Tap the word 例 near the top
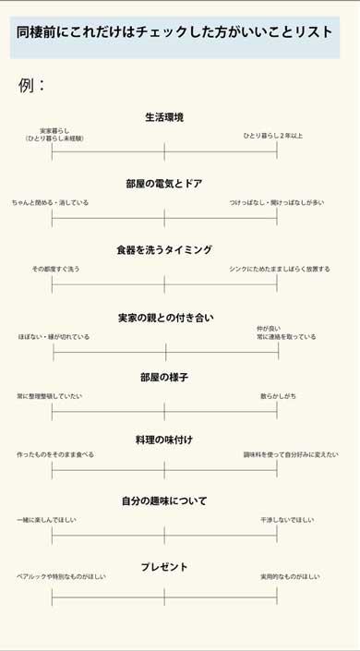point(27,86)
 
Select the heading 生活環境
point(164,117)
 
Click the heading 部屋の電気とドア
point(164,184)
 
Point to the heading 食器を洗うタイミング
point(164,250)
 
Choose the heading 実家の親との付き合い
point(165,318)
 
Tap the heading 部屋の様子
point(164,378)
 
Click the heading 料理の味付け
point(164,440)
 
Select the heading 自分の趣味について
point(164,501)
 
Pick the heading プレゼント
point(164,567)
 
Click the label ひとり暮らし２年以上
point(273,136)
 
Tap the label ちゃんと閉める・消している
point(51,202)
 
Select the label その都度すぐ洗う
point(55,269)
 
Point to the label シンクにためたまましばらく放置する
point(280,269)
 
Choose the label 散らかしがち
point(278,396)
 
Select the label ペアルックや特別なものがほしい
point(61,577)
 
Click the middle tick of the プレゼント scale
point(164,597)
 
